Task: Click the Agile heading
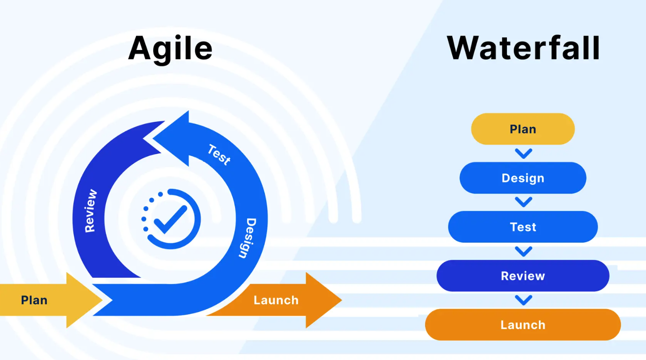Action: point(170,48)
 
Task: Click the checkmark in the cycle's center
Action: point(170,219)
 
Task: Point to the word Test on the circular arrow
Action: point(219,155)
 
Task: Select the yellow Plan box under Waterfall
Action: point(523,129)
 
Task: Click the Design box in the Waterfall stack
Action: point(523,178)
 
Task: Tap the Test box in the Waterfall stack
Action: point(523,227)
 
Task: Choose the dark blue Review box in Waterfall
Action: point(523,276)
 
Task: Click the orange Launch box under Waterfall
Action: point(523,325)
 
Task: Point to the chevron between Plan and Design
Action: point(524,154)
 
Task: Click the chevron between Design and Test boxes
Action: point(524,202)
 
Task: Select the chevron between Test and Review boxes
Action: point(524,251)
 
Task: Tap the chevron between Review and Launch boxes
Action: point(524,300)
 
